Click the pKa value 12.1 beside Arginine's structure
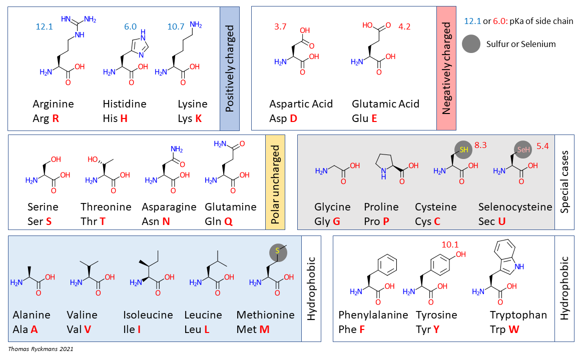(x=44, y=26)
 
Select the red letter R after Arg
(x=56, y=118)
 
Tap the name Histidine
(x=125, y=104)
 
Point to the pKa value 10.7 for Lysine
(x=176, y=26)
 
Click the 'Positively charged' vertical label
(x=230, y=68)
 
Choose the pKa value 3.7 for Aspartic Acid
(x=280, y=26)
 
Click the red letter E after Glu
(x=374, y=118)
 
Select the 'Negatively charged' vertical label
(x=446, y=68)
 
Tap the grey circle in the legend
(x=471, y=43)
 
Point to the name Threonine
(x=106, y=207)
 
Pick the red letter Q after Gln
(x=228, y=221)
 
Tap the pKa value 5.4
(x=542, y=146)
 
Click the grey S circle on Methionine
(x=278, y=252)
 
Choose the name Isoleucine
(x=148, y=315)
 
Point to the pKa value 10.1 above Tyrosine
(x=450, y=244)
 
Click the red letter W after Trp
(x=514, y=329)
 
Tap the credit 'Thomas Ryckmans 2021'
(x=41, y=349)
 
